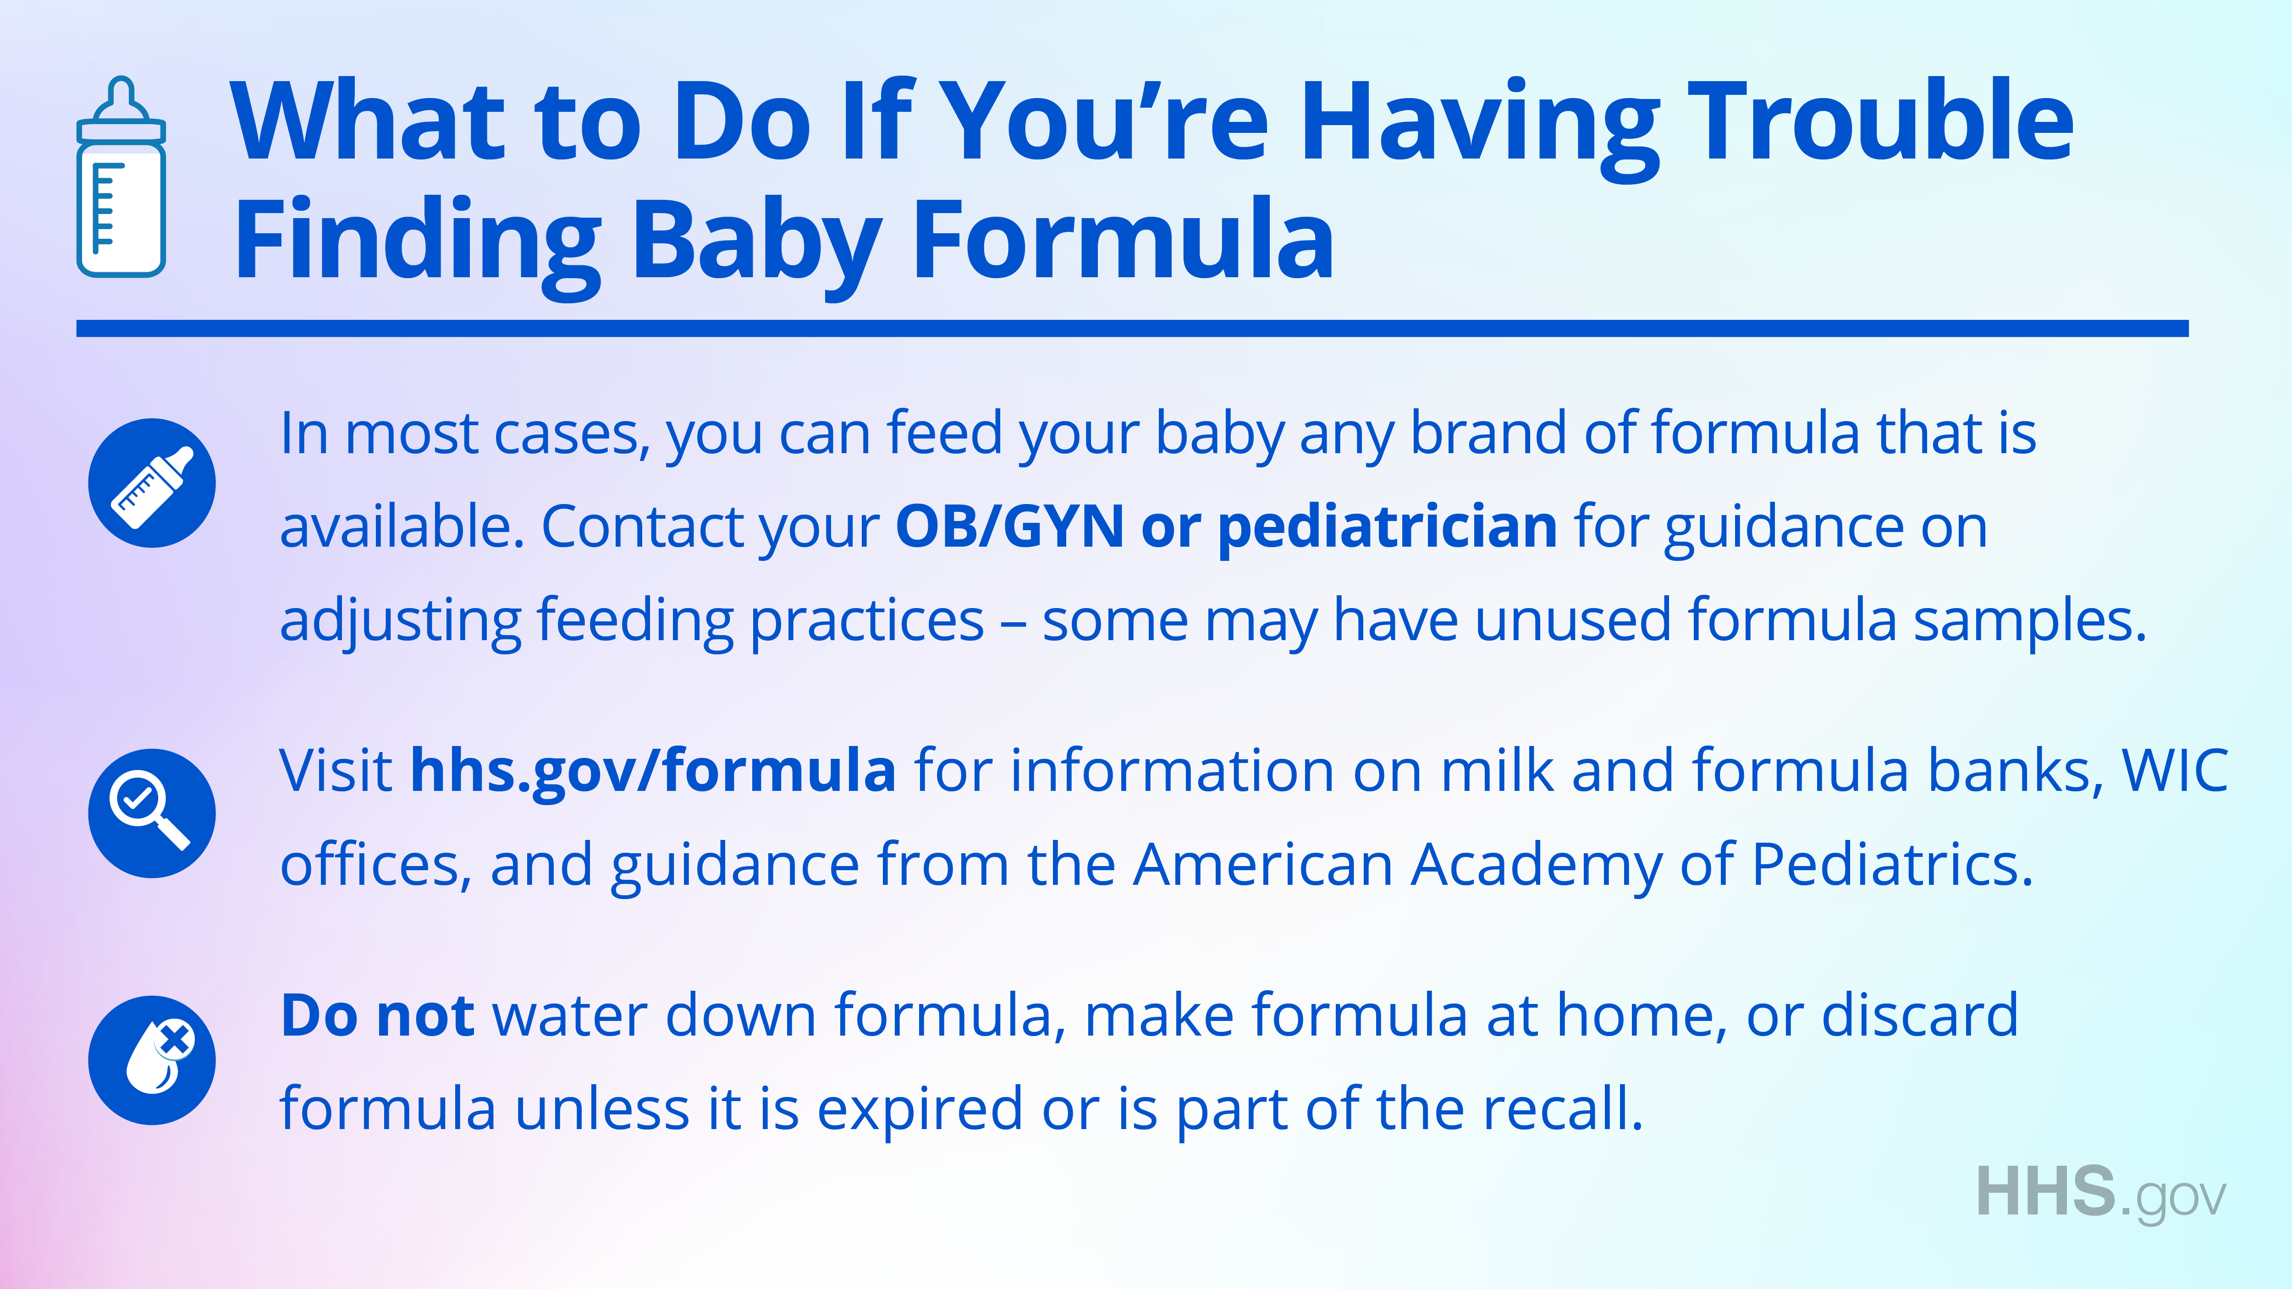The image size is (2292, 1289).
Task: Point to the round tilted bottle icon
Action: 152,483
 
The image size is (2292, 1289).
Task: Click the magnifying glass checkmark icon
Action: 152,813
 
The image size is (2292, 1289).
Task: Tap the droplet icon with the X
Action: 152,1060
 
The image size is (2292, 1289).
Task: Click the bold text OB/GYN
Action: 1010,527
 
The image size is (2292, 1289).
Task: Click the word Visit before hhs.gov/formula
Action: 336,770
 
